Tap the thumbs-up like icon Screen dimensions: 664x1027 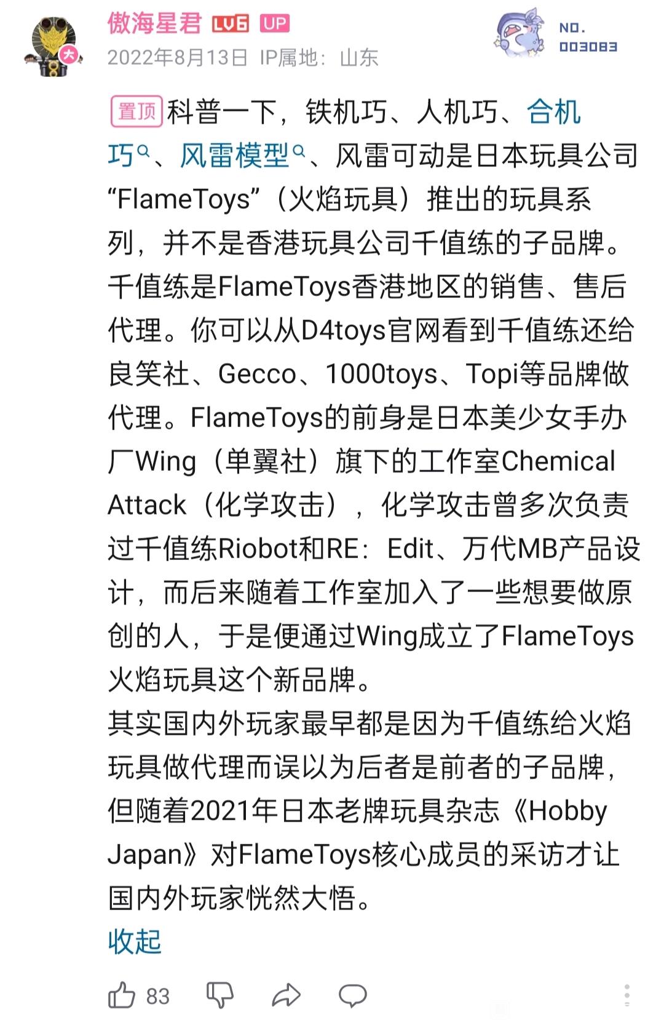122,996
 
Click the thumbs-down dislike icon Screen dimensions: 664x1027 220,996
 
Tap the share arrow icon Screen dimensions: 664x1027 287,996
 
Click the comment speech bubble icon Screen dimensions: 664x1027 353,996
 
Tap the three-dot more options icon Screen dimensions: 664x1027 627,996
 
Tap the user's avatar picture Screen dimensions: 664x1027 53,46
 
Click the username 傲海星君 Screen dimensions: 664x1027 154,23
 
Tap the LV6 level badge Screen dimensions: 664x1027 231,23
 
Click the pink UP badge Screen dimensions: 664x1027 274,23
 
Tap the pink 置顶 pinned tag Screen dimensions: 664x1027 136,111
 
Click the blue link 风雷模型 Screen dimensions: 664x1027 235,155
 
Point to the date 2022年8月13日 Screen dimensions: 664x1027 178,58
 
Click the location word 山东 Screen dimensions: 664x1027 359,58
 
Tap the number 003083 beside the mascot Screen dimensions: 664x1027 588,47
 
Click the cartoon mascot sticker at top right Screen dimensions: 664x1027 520,33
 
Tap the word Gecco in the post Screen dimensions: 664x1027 257,374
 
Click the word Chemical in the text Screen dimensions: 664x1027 558,462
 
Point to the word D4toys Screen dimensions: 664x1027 344,330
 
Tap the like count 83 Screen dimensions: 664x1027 158,996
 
